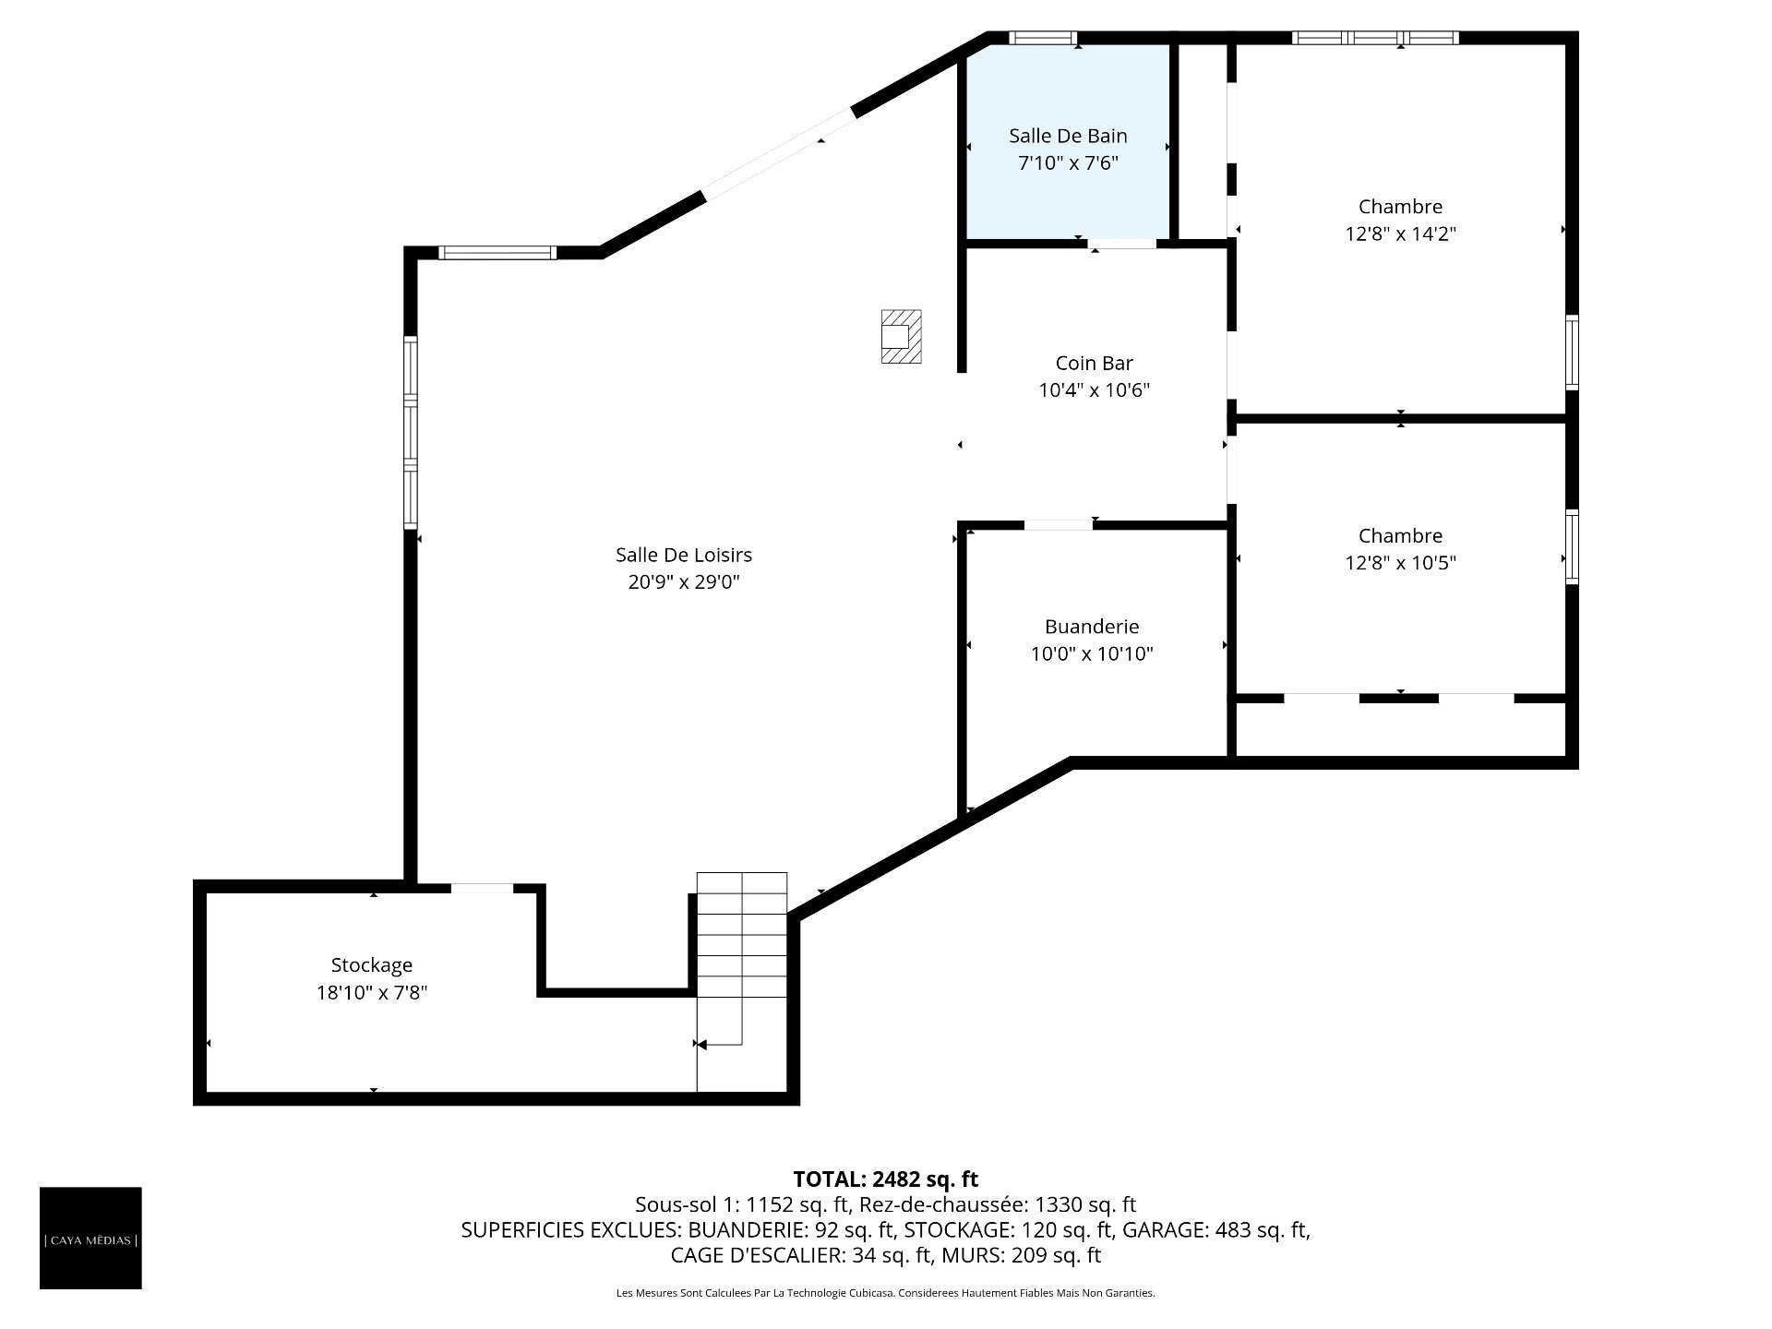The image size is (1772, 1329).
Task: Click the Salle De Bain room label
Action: click(1068, 136)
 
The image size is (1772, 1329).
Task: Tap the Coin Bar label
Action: click(1094, 363)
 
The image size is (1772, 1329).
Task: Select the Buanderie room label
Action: click(1092, 627)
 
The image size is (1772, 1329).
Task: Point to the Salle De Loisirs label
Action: click(684, 555)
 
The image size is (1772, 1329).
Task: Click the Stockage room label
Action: click(372, 965)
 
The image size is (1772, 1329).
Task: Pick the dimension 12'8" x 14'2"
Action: click(1400, 233)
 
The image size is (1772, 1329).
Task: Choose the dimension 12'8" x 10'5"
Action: click(1400, 562)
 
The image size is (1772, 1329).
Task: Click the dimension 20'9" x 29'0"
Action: click(684, 581)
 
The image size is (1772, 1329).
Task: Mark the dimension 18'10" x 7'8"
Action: click(372, 992)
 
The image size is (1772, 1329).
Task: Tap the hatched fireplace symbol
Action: click(901, 336)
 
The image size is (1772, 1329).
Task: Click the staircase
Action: click(742, 981)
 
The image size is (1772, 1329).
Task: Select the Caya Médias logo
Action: click(90, 1238)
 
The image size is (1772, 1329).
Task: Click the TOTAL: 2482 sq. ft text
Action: click(885, 1179)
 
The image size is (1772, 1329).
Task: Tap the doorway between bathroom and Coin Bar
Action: click(1121, 245)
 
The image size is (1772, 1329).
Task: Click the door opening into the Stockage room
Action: click(482, 888)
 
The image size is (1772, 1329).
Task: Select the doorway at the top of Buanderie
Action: click(1059, 525)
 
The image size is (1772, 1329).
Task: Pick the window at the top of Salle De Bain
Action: click(1043, 38)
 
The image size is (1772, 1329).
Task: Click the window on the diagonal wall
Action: click(778, 153)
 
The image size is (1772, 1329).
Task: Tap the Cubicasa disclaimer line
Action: click(885, 1293)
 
